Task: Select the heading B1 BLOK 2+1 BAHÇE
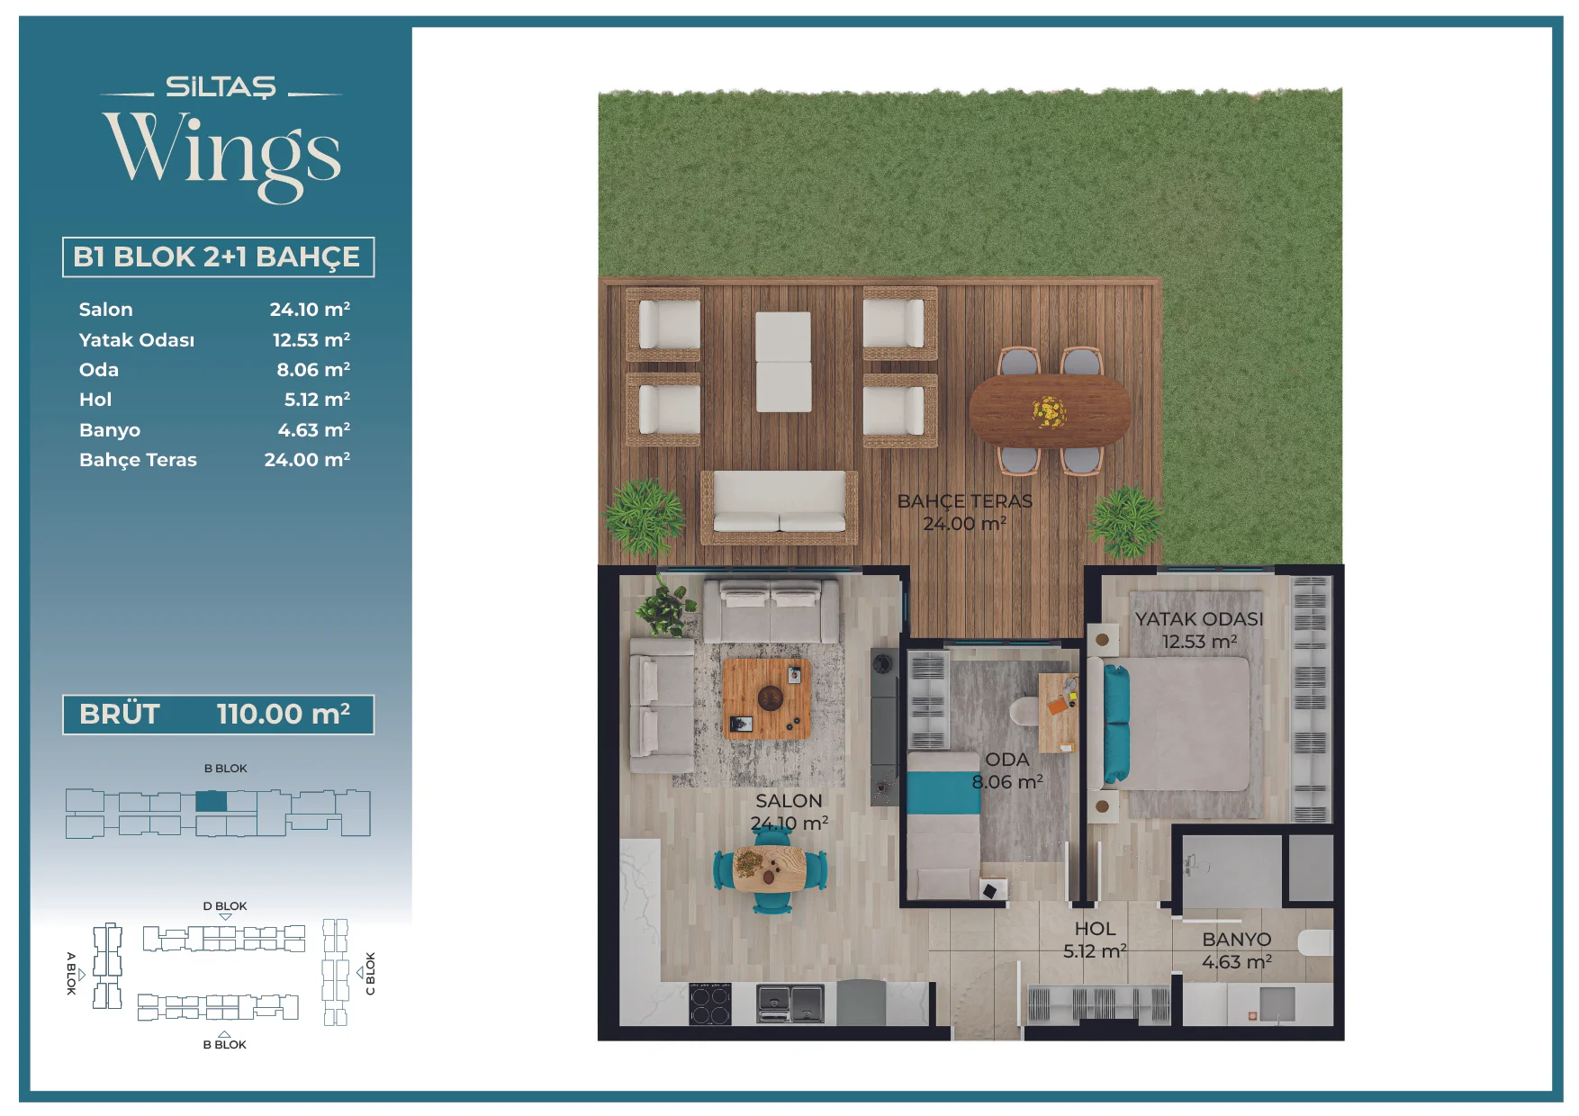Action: (x=217, y=256)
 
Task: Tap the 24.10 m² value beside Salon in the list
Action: (x=310, y=309)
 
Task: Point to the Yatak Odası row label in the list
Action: (x=137, y=340)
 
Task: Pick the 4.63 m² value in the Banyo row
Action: (x=313, y=429)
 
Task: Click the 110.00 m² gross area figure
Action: (x=284, y=714)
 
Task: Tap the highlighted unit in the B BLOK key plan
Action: (x=211, y=801)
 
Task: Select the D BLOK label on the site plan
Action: (x=225, y=906)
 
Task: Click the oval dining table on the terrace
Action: (x=1050, y=410)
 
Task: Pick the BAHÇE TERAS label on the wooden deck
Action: (x=964, y=501)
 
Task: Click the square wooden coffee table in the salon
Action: (x=767, y=698)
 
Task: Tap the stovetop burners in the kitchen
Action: (x=709, y=1004)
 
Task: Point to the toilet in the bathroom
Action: (x=1315, y=943)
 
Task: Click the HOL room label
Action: (x=1095, y=929)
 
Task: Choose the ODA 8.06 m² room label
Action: (x=1007, y=770)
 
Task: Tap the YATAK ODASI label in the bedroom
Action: (x=1199, y=619)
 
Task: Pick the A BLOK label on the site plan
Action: (x=72, y=973)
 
